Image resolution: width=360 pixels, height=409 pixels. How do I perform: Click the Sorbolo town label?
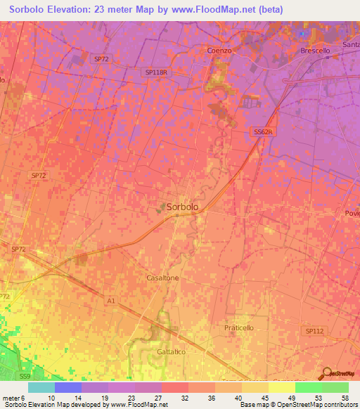[183, 207]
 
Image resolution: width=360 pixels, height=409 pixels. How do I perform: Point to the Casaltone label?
[162, 278]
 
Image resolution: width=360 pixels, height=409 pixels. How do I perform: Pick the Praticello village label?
[238, 328]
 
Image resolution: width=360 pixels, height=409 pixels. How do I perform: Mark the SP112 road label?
[315, 330]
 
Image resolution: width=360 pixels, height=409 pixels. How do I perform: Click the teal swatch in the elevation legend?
[41, 387]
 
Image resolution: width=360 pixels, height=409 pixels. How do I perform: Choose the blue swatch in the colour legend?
[68, 387]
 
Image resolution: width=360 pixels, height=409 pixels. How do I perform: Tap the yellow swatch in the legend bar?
[281, 387]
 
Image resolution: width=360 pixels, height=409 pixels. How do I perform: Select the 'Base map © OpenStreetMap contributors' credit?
[297, 405]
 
